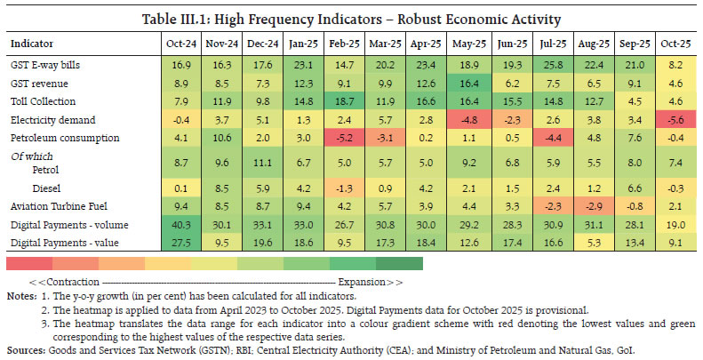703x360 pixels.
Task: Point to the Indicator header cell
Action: click(32, 43)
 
